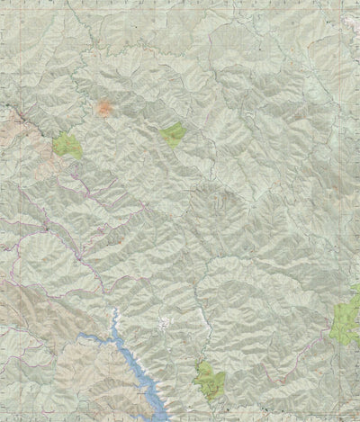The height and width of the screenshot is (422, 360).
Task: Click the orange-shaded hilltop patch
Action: pos(104,109)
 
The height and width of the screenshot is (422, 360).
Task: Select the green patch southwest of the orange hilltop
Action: pos(67,145)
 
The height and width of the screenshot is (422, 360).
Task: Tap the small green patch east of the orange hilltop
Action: pos(172,135)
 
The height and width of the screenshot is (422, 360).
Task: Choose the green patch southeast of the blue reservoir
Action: pos(210,379)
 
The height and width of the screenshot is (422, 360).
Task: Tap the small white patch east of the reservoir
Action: pos(164,323)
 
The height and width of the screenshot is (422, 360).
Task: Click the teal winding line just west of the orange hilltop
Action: pos(90,106)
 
